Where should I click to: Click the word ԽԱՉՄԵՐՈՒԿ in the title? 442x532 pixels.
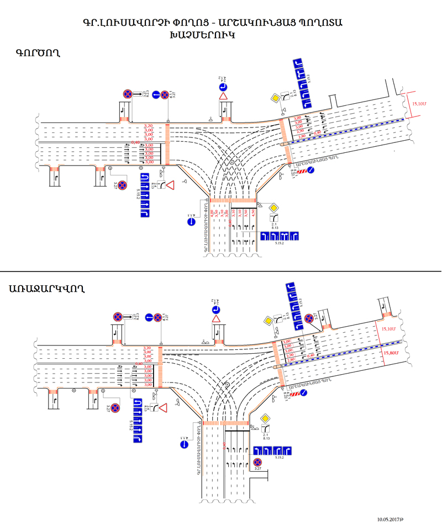(x=204, y=34)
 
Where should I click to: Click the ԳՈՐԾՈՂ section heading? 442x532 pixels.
(x=38, y=54)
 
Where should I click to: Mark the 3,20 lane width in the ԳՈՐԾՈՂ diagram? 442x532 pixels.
(x=148, y=126)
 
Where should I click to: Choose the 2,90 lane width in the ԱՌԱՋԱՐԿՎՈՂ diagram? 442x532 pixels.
(x=288, y=355)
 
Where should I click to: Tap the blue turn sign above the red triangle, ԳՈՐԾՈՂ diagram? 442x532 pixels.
(x=224, y=86)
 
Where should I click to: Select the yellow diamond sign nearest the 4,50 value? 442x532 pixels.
(x=273, y=208)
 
